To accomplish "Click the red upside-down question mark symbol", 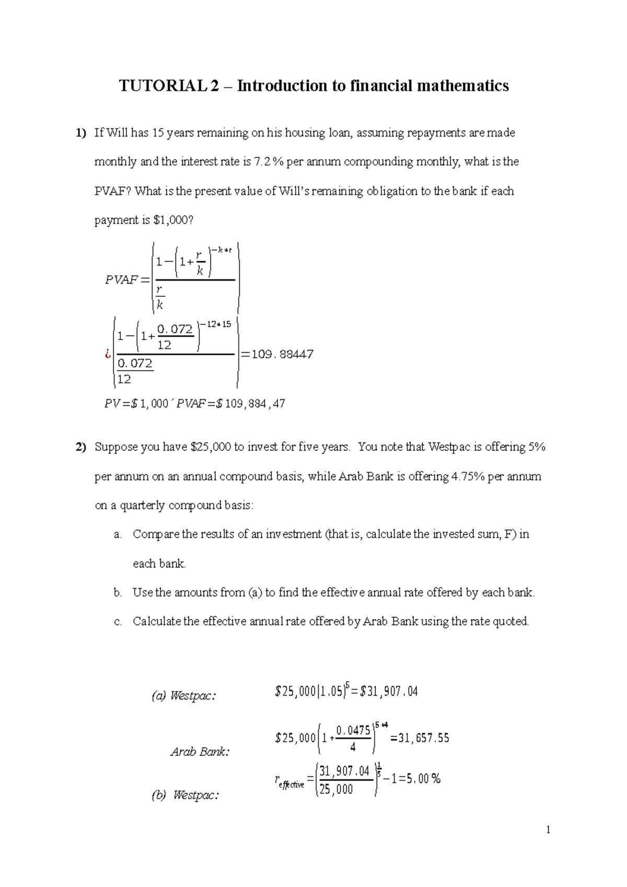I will (x=108, y=355).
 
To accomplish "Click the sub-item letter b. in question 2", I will (x=118, y=592).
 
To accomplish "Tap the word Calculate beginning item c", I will (x=157, y=622).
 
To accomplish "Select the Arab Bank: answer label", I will (x=200, y=752).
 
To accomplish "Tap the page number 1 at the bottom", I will (x=548, y=830).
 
